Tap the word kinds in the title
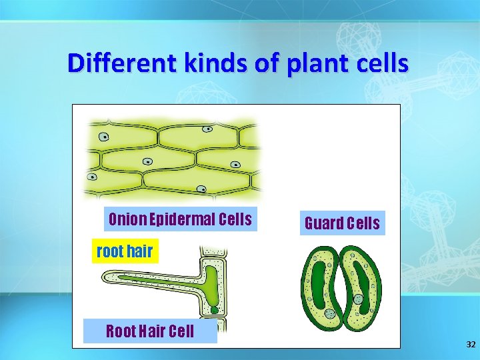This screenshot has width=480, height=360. pyautogui.click(x=193, y=63)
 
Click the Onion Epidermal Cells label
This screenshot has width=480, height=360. pyautogui.click(x=180, y=219)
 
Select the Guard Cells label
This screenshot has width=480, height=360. pyautogui.click(x=342, y=223)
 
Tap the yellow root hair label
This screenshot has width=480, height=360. pyautogui.click(x=125, y=251)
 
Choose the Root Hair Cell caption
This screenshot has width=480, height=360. pyautogui.click(x=150, y=331)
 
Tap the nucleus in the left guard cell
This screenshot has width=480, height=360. pyautogui.click(x=329, y=313)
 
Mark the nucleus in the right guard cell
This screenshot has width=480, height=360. pyautogui.click(x=358, y=299)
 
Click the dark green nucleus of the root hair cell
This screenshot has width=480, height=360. pyautogui.click(x=214, y=309)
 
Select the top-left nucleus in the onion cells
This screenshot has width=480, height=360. pyautogui.click(x=104, y=137)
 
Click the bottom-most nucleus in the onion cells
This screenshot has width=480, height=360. pyautogui.click(x=201, y=189)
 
